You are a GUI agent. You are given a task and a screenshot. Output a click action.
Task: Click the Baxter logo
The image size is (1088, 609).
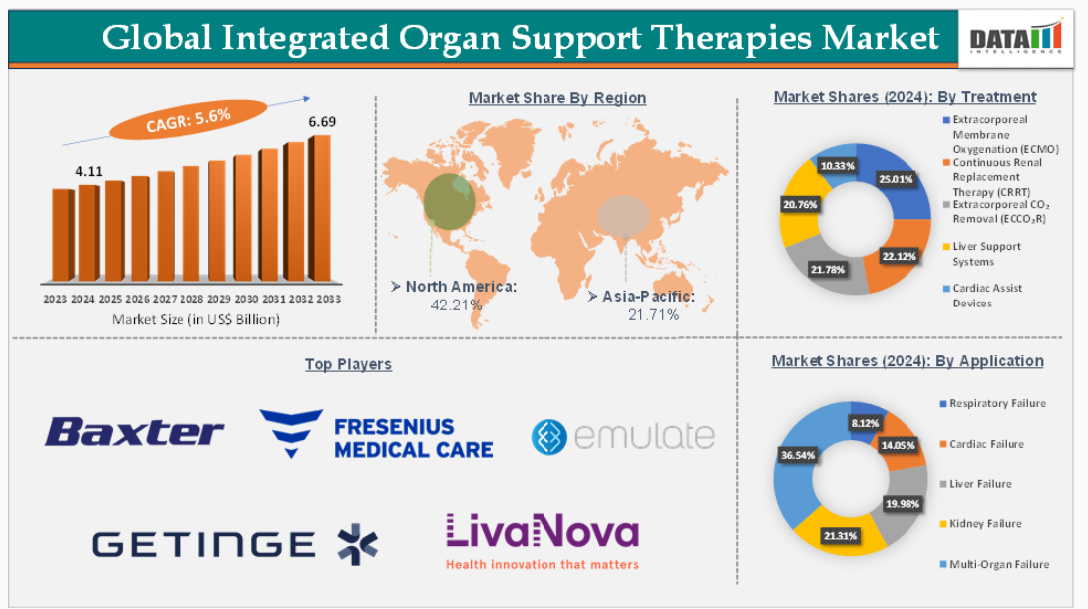135,432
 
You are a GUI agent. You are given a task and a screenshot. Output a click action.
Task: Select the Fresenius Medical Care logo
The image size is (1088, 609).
376,434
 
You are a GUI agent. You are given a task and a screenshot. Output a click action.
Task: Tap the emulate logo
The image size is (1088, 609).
623,437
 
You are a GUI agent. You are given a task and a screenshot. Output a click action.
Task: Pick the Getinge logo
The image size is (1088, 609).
234,544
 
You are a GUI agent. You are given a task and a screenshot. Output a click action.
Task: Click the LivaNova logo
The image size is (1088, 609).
542,542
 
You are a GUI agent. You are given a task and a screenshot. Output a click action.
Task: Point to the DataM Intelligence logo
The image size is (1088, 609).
1016,38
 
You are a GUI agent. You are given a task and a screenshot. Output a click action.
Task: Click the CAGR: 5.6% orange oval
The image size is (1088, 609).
188,120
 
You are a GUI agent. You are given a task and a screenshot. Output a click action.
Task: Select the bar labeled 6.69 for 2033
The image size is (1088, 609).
320,208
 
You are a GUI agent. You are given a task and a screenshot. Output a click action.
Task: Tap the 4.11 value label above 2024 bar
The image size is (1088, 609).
89,171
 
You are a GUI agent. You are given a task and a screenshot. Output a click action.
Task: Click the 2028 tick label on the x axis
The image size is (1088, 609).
191,299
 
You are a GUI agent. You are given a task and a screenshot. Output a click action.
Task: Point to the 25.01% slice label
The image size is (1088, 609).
896,179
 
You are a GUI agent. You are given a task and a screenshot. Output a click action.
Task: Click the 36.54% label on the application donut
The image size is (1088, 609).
797,455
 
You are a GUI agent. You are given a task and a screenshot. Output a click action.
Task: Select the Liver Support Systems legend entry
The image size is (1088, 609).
982,254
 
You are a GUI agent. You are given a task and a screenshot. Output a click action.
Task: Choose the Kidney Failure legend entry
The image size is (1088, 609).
980,523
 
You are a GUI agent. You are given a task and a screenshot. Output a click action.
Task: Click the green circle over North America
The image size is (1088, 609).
449,202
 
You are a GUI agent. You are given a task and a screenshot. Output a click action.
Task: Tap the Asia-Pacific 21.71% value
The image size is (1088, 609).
653,315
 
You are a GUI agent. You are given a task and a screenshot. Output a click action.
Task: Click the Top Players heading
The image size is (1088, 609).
348,364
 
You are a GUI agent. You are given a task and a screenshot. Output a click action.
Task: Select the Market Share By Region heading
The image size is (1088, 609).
557,98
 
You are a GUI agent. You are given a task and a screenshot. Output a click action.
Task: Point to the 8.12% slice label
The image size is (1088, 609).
866,423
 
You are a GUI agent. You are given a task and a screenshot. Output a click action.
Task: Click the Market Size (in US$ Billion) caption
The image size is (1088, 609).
195,320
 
